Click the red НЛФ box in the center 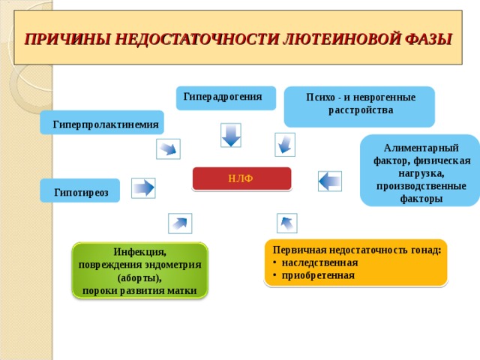[x=241, y=178]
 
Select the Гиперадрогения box [x=225, y=97]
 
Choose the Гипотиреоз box [x=81, y=192]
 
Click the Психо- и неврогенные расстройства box [x=360, y=105]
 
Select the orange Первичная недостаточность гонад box [x=356, y=262]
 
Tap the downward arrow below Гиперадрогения [x=231, y=136]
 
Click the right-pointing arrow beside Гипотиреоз [x=142, y=187]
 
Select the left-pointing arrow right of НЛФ [x=329, y=181]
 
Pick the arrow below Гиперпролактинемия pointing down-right [x=168, y=148]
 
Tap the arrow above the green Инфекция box [x=180, y=223]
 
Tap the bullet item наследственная [x=319, y=263]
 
